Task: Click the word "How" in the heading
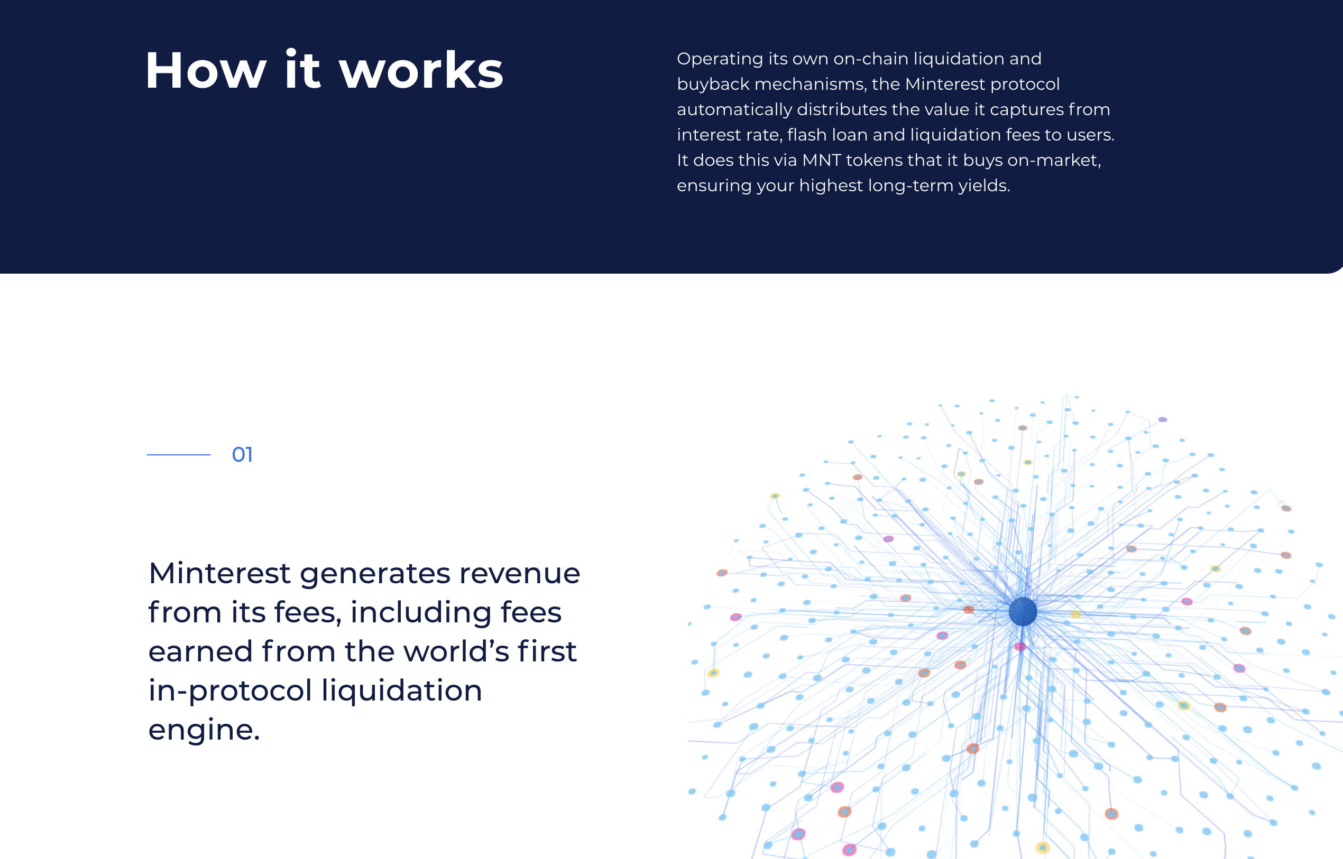click(x=205, y=71)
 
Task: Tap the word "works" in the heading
click(x=421, y=71)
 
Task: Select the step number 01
click(x=242, y=455)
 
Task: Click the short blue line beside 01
click(x=179, y=455)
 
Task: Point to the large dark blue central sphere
click(x=1023, y=611)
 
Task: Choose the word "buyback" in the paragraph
click(x=713, y=84)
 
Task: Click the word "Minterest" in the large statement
click(x=219, y=573)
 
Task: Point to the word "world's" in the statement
click(x=455, y=651)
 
